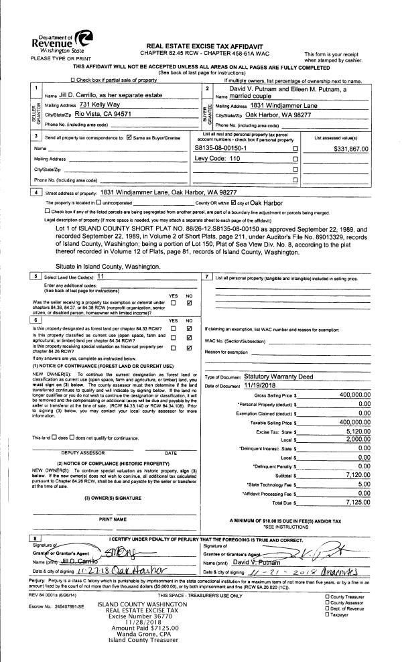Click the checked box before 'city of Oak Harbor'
[232, 202]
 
